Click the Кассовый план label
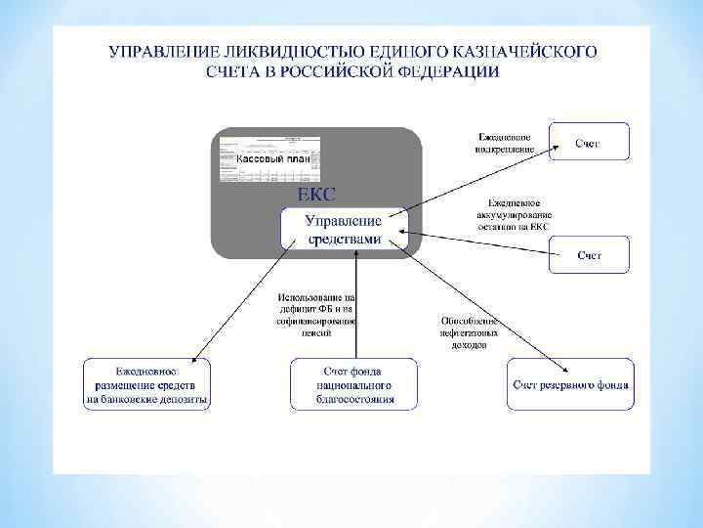(272, 158)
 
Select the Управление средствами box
(345, 228)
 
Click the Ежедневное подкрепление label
(506, 143)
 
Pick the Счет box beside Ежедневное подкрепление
(588, 144)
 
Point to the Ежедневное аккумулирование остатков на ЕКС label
(514, 214)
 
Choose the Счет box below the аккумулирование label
(589, 255)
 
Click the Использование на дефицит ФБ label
(317, 313)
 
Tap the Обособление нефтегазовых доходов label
(470, 332)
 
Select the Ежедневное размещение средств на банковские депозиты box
(145, 384)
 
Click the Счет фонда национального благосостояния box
(353, 384)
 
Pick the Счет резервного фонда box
(571, 384)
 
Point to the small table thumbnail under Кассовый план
(267, 172)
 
